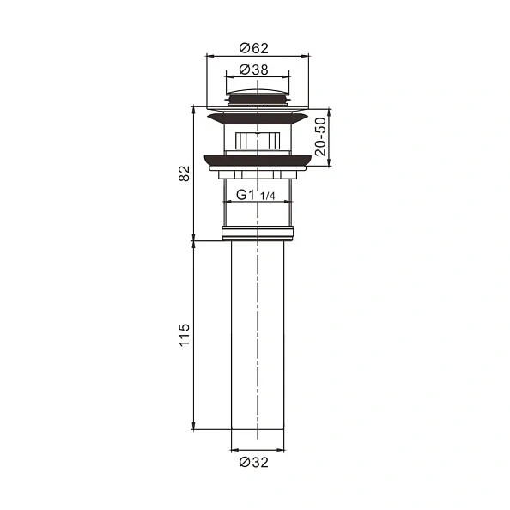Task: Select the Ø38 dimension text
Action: click(x=257, y=68)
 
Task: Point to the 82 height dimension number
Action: click(x=182, y=173)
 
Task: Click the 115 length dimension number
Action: click(x=182, y=335)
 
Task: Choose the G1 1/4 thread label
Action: click(x=256, y=196)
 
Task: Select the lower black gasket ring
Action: click(x=257, y=159)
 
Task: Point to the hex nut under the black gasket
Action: click(x=257, y=173)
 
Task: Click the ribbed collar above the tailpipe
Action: click(x=257, y=233)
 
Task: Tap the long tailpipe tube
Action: click(x=257, y=335)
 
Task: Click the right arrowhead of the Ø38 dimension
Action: click(x=286, y=76)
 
